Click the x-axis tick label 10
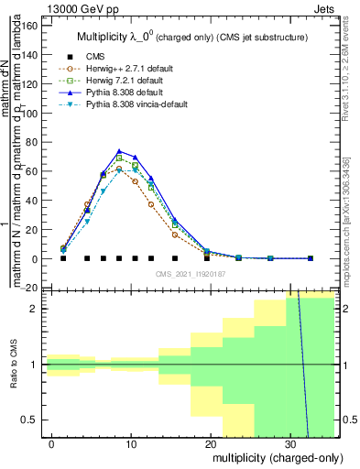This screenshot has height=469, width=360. tap(131, 444)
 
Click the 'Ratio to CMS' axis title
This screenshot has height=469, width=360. tap(14, 365)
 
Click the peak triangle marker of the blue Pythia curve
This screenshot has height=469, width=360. tap(119, 151)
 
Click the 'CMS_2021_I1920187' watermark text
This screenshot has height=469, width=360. tap(190, 273)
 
